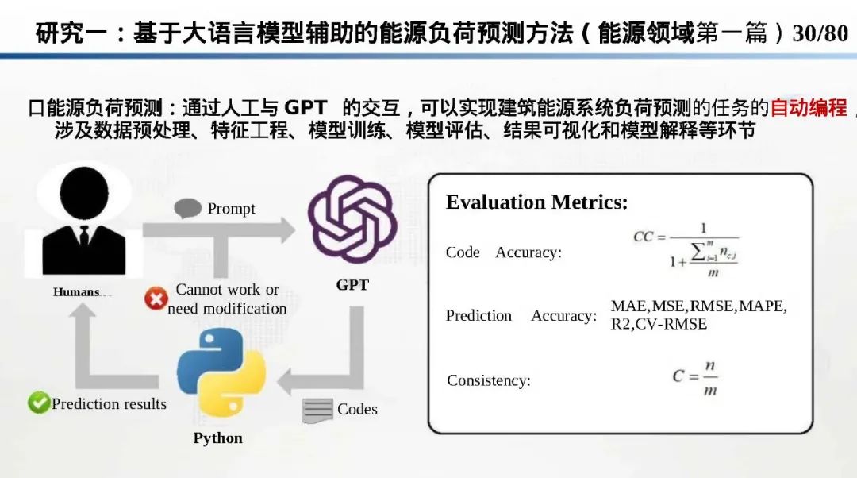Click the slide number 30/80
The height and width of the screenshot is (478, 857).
point(820,33)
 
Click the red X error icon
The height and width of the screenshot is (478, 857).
point(156,299)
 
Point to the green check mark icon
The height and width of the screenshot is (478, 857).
point(38,403)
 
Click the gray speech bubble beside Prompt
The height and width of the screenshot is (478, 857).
point(188,209)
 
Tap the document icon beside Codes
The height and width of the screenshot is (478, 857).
point(317,411)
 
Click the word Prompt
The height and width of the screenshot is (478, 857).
point(231,209)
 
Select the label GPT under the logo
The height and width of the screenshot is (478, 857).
point(352,285)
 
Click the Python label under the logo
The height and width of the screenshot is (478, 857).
point(217,438)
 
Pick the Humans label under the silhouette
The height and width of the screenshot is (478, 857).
point(78,292)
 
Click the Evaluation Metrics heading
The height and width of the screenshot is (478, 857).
point(536,202)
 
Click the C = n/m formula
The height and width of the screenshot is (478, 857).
point(696,379)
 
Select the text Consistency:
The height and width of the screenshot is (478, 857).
point(489,380)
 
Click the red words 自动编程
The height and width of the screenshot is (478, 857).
point(809,108)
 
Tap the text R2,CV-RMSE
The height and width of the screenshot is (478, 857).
point(659,324)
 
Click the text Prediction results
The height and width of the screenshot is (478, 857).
point(109,403)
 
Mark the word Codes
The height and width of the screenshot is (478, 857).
point(357,409)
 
